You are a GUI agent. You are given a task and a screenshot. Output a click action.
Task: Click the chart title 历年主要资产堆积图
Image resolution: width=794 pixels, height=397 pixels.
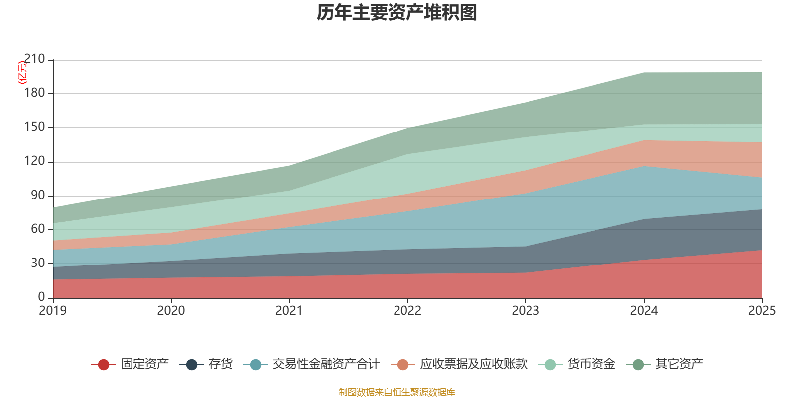[397, 13]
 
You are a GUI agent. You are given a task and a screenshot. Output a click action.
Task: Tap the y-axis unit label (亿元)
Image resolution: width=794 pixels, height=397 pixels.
[22, 72]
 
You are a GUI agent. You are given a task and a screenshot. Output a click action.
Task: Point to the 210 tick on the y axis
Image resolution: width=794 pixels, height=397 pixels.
[34, 59]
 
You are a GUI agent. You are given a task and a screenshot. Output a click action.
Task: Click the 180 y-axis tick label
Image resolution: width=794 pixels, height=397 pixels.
[34, 93]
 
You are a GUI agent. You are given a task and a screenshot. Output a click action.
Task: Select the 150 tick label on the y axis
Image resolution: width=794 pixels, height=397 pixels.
[34, 127]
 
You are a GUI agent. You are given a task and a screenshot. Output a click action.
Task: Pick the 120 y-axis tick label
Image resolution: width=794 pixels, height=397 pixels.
[34, 161]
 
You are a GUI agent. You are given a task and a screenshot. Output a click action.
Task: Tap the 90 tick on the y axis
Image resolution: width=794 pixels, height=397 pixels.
[38, 195]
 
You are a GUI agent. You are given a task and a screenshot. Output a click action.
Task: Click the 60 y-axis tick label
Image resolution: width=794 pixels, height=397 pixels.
[38, 229]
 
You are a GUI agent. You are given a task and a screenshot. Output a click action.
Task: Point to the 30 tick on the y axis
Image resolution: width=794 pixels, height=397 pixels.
[38, 263]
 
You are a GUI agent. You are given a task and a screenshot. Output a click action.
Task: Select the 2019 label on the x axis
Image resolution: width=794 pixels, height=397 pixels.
[53, 311]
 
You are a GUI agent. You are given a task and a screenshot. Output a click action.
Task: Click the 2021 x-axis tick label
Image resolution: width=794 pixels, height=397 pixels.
[289, 311]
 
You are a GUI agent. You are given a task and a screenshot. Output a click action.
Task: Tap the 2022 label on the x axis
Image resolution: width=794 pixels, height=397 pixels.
[407, 311]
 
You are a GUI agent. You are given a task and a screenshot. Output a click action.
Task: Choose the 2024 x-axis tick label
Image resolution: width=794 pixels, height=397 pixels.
[644, 311]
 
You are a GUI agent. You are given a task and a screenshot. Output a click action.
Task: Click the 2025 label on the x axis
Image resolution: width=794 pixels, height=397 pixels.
[762, 311]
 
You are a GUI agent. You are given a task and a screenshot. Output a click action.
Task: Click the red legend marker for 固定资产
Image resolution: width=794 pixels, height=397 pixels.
[103, 365]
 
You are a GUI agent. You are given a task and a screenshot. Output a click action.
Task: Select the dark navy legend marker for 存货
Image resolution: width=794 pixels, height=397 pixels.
[191, 365]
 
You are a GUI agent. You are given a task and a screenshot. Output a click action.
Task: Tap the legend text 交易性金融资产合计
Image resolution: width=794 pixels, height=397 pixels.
[326, 364]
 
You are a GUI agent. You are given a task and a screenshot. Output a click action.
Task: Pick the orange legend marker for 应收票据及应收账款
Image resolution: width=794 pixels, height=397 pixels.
[403, 365]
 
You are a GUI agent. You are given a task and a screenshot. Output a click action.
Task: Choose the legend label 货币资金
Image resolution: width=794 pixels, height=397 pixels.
[591, 364]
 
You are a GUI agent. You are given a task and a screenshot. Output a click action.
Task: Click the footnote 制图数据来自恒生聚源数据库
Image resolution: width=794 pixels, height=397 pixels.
[397, 392]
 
